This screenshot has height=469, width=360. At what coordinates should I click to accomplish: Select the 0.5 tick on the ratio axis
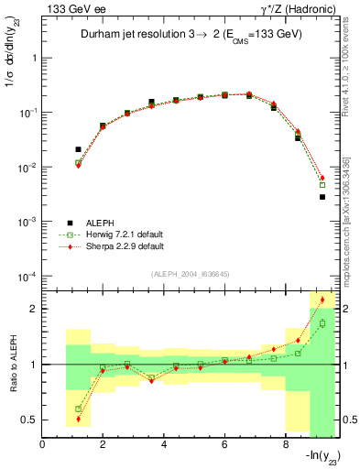pyautogui.click(x=30, y=420)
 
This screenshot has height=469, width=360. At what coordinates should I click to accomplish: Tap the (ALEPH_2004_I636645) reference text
pyautogui.click(x=191, y=274)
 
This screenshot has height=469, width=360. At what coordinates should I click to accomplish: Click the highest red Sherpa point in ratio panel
pyautogui.click(x=322, y=300)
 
